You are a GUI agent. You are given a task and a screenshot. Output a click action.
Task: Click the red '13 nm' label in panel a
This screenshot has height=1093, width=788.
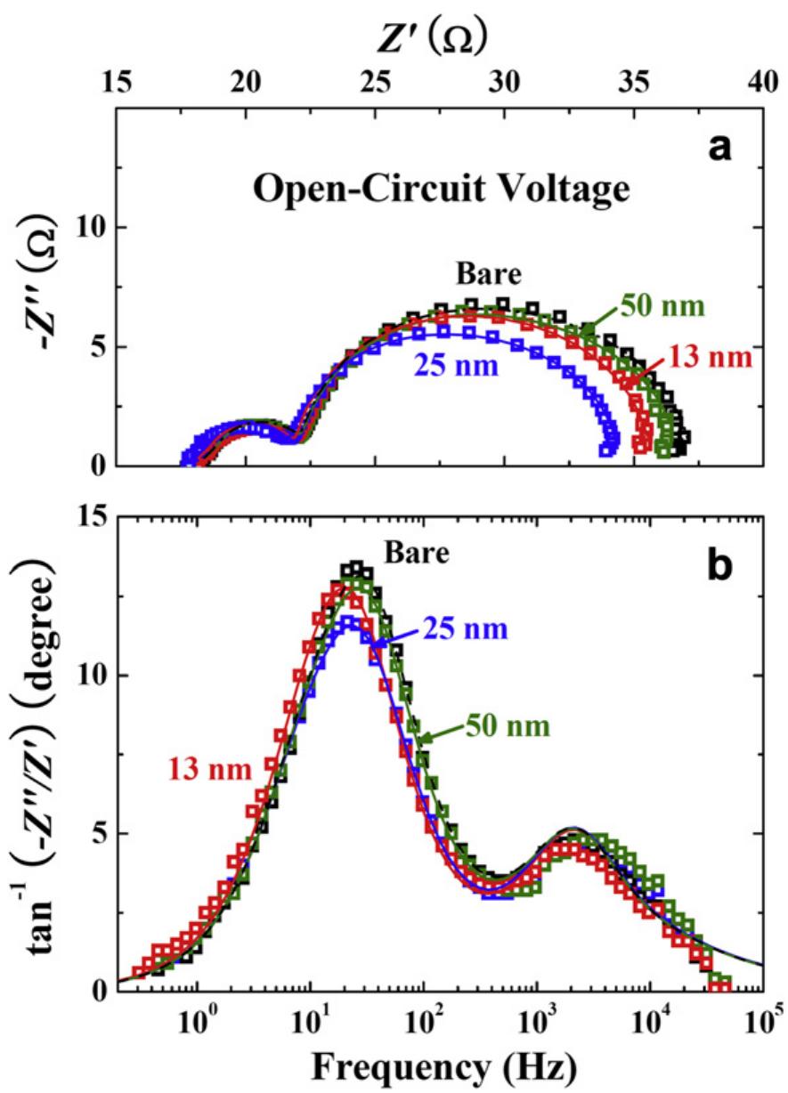click(x=711, y=358)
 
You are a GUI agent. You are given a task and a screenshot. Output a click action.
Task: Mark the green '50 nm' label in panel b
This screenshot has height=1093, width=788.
click(x=508, y=725)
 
